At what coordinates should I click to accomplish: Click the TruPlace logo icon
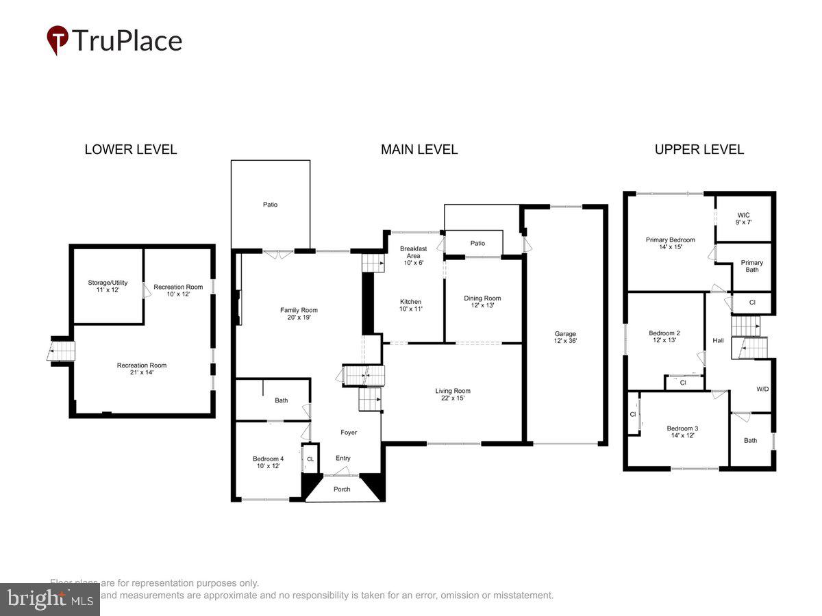(58, 40)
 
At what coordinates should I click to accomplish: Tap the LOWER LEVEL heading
(130, 149)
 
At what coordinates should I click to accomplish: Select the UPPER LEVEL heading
(699, 149)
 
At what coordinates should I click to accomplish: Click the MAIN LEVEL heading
(419, 149)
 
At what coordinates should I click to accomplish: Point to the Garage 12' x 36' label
(565, 337)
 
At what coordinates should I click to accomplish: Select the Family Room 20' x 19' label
(299, 314)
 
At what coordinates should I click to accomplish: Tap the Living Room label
(453, 394)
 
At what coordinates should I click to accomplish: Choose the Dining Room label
(482, 301)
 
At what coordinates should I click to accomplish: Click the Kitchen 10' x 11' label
(411, 305)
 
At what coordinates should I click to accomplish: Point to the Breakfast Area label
(413, 255)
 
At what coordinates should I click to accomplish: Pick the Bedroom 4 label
(268, 462)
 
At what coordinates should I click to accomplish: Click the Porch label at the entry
(342, 489)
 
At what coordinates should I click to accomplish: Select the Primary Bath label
(751, 266)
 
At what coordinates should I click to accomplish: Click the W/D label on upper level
(762, 389)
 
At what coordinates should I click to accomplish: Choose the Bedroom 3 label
(682, 432)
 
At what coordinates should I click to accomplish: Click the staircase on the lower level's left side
(62, 351)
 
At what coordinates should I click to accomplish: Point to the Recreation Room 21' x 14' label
(141, 369)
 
